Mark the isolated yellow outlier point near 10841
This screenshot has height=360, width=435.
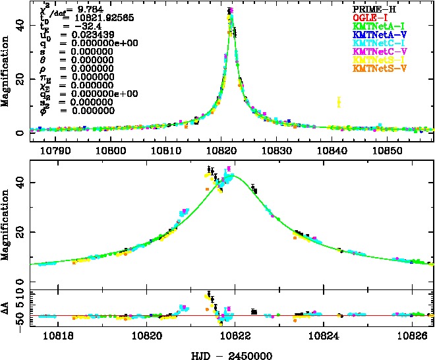[339, 102]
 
